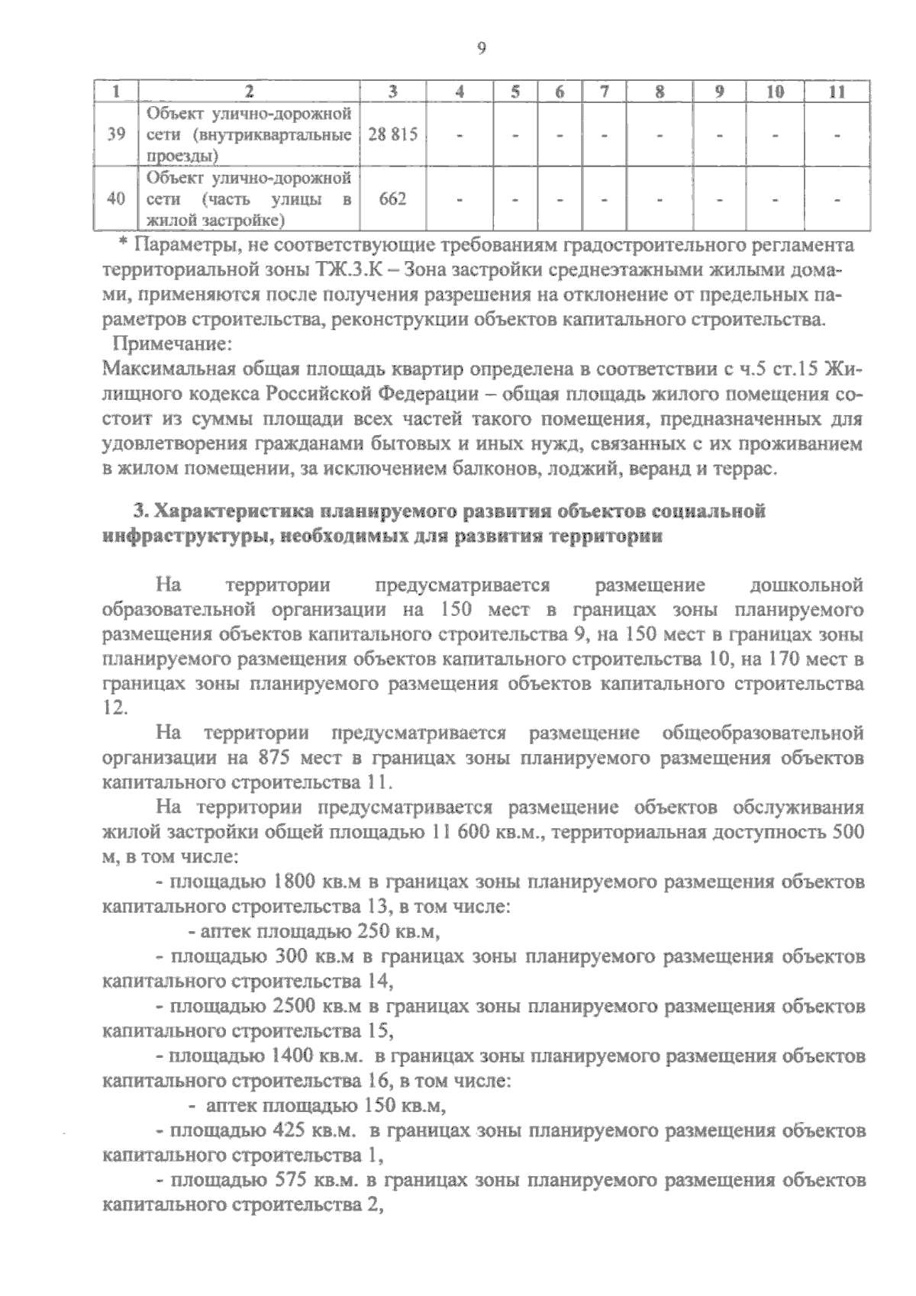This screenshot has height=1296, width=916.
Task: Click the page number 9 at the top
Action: pos(481,50)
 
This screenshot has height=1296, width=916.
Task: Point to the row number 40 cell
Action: pos(116,199)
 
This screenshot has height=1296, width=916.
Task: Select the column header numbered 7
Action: pos(603,92)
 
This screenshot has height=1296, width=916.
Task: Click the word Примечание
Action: pos(171,345)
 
